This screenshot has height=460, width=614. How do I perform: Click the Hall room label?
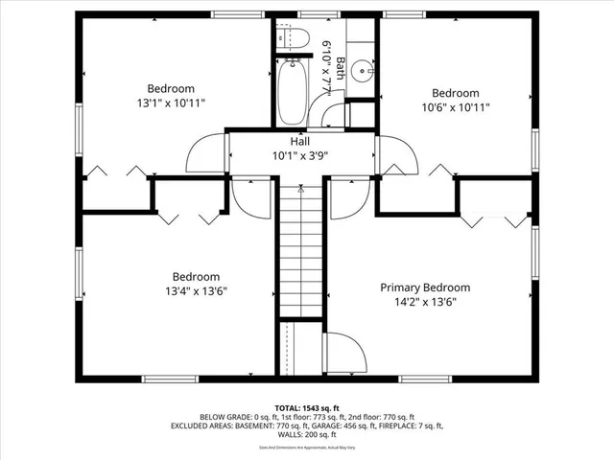coord(299,141)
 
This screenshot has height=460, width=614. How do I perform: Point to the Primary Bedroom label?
coord(425,287)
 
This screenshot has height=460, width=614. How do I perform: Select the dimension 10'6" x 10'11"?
coord(456,107)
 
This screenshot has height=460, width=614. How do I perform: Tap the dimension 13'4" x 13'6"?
coord(196,290)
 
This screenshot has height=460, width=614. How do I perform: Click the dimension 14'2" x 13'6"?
coord(425,301)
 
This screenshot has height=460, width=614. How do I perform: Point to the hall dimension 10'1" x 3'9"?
coord(299,155)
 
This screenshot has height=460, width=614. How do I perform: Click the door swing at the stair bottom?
coord(341,353)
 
